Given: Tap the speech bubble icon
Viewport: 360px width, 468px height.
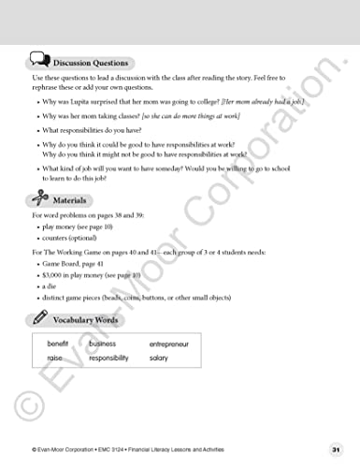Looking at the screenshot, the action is [40, 60].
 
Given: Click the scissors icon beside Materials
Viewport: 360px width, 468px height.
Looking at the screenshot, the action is [39, 198].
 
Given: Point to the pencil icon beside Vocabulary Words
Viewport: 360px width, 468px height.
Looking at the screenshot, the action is [40, 319].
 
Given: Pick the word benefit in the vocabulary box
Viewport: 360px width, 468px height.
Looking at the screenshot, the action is [59, 344].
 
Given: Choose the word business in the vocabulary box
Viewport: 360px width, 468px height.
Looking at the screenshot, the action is [103, 344].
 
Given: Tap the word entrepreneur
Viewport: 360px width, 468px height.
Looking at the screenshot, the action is [169, 344].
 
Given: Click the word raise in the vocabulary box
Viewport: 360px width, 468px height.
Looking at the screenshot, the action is [55, 358].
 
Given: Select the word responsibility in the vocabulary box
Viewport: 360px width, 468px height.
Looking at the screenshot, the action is [108, 358].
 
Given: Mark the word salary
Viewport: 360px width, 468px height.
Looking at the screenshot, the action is [159, 358].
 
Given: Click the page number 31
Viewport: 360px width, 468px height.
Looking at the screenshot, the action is [335, 449].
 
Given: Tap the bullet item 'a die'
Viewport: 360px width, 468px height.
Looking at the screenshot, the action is [51, 286].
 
